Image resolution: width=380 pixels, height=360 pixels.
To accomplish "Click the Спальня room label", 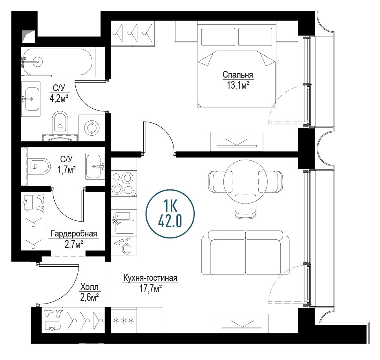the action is coord(238,75).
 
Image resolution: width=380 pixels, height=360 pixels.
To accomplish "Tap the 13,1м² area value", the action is coord(238,85).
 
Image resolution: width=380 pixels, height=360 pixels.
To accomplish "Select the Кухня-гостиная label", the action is coord(150,278).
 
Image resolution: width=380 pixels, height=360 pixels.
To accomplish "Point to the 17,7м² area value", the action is coord(150,289).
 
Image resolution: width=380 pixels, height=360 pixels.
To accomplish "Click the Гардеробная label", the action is coord(74,234).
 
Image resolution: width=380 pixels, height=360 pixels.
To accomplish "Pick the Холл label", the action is coord(89,287).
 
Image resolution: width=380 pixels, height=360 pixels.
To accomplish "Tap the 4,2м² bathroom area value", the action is coord(59,98).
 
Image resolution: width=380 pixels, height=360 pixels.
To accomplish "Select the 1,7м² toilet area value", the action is coord(66,170).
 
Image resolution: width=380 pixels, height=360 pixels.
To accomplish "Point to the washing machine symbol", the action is coord(91,127).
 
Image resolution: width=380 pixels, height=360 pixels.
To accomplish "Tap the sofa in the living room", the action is coord(245,253).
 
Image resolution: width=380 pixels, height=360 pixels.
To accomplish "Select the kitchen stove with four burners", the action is coord(124,184).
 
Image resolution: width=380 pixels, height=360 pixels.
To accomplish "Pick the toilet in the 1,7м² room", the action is coord(38,167).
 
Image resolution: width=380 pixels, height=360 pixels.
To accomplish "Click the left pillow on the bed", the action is coord(218,37).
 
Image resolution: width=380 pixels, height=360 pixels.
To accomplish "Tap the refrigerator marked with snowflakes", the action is coord(124,320).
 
